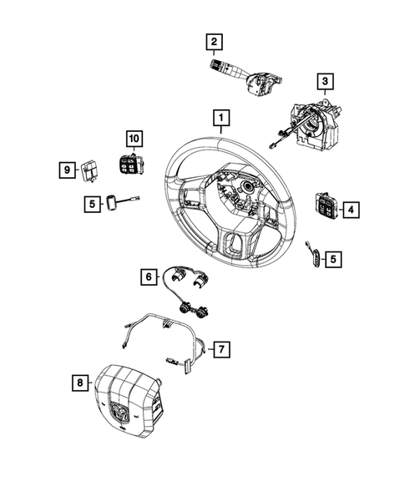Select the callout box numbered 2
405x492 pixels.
pyautogui.click(x=215, y=41)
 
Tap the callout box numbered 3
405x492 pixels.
pyautogui.click(x=325, y=81)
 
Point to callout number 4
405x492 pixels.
pyautogui.click(x=352, y=209)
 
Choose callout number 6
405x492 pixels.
pyautogui.click(x=148, y=274)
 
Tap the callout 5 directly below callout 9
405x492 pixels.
pyautogui.click(x=90, y=202)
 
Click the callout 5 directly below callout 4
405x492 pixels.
pyautogui.click(x=333, y=260)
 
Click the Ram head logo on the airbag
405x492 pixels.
pyautogui.click(x=114, y=410)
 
